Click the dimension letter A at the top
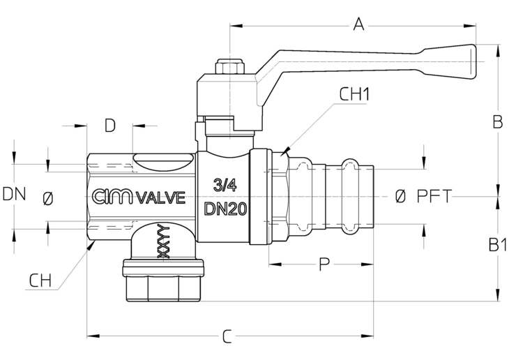click(x=358, y=24)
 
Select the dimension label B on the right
click(x=498, y=122)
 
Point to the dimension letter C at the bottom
click(x=227, y=336)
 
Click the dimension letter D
click(x=110, y=126)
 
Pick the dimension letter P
click(x=324, y=264)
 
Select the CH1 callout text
click(x=354, y=95)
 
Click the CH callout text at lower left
click(x=40, y=280)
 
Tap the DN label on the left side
click(x=14, y=194)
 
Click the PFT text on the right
click(x=434, y=196)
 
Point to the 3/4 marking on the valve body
click(x=225, y=186)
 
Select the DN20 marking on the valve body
click(x=226, y=209)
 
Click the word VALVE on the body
click(x=160, y=197)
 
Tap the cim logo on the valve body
click(x=112, y=197)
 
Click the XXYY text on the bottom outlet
click(x=163, y=241)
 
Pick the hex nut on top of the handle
click(x=229, y=66)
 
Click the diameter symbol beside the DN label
click(x=47, y=199)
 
